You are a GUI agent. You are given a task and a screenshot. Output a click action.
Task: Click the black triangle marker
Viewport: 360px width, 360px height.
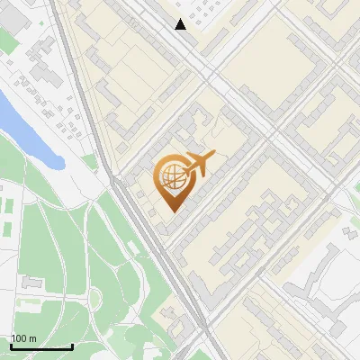coord(181,24)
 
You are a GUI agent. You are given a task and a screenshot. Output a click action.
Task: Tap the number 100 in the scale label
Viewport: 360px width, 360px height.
coord(19,338)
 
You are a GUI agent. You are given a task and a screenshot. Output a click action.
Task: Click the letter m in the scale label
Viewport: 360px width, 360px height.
coord(31,338)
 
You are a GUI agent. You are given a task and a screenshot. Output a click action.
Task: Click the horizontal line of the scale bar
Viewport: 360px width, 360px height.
coord(41,346)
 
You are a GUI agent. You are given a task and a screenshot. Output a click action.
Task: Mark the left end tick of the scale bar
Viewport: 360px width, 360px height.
coord(12,345)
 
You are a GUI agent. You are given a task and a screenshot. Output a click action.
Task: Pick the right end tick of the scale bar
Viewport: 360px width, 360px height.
coord(72,345)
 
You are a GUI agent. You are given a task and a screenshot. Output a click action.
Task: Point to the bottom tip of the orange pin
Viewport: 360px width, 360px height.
coord(171,211)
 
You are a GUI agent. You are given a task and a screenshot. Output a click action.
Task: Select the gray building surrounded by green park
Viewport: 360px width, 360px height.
coord(32,283)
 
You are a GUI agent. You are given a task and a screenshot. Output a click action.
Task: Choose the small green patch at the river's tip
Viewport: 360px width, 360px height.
coord(88,162)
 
